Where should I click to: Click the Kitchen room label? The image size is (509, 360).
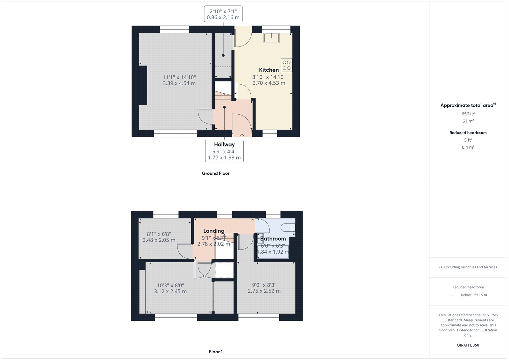point(269,70)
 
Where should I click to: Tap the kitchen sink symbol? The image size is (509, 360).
point(271,38)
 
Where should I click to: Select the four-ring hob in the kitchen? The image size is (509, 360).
point(286,65)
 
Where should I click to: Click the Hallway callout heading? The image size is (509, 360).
point(224,145)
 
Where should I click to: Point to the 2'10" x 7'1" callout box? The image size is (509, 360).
point(223,14)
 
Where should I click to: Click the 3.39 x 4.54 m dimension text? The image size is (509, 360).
point(179,83)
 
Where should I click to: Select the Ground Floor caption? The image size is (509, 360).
point(215,173)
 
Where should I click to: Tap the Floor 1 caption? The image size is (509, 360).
point(216,352)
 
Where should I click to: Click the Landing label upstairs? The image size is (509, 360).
point(214,231)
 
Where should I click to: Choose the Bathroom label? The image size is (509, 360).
point(273,238)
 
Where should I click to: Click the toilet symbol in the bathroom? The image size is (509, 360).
point(289,227)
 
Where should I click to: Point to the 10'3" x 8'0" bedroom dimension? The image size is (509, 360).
point(170,286)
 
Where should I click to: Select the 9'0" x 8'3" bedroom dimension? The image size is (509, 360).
point(264,285)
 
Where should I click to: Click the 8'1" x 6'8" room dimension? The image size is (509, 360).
point(159,234)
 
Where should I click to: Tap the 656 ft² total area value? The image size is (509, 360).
point(468,114)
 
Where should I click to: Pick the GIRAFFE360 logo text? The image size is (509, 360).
point(468,345)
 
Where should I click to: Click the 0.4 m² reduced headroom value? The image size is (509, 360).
point(468,147)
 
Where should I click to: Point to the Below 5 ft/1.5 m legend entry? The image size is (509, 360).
point(474,295)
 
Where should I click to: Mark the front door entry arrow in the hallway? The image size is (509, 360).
point(242,135)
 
